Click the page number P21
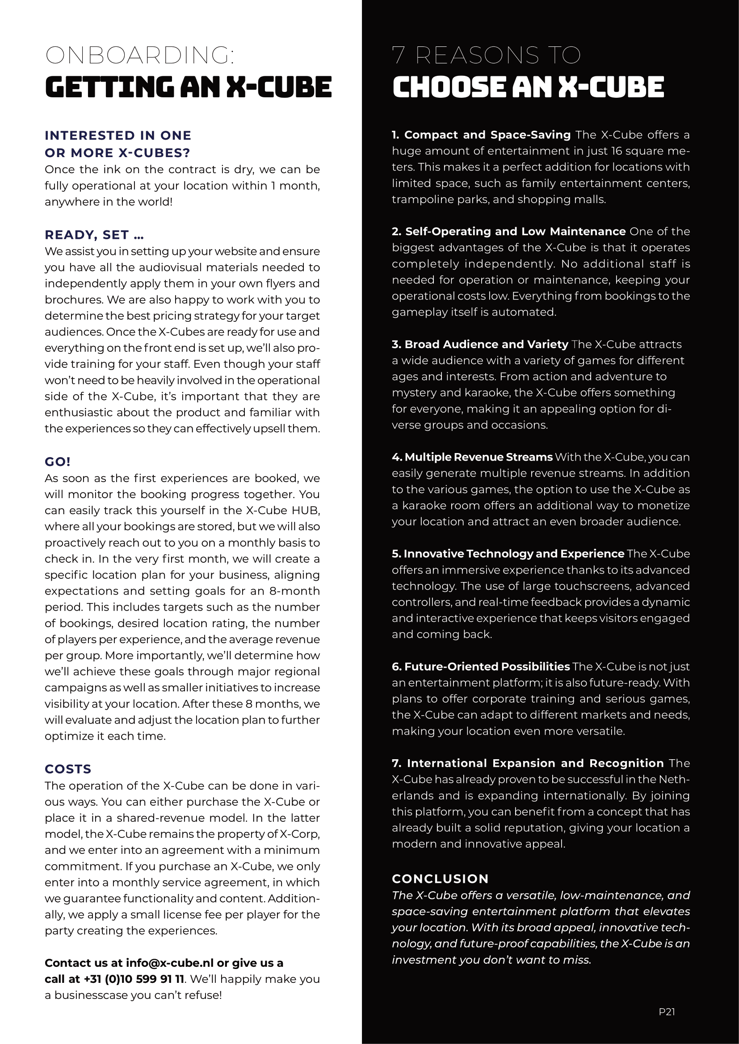(667, 1012)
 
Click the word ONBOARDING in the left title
(139, 55)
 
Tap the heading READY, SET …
(94, 235)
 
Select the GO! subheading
(58, 462)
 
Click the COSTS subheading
(68, 769)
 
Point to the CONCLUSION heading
(440, 879)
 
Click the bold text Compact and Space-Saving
(487, 135)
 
